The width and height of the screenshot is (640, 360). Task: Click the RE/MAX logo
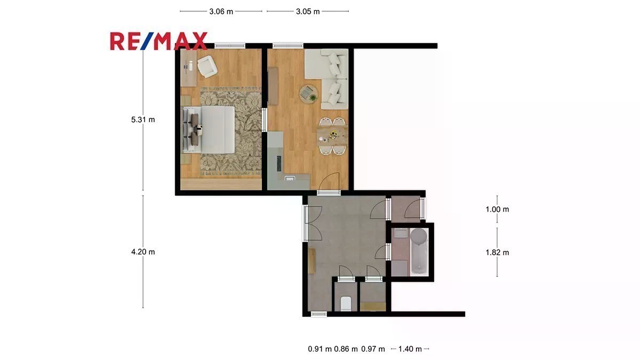tap(158, 41)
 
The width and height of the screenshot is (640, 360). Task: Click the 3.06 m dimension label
tap(221, 11)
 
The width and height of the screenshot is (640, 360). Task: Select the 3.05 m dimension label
tap(308, 11)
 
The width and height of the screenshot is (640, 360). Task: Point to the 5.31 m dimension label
tap(143, 119)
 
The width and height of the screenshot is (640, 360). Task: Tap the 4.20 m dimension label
tap(143, 252)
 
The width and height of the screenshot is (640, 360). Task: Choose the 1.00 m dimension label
tap(497, 209)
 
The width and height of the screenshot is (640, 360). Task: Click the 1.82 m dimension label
tap(497, 252)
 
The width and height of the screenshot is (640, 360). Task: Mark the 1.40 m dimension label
tap(410, 349)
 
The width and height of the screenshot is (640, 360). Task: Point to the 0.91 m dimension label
tap(319, 349)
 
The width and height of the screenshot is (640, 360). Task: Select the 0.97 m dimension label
tap(373, 349)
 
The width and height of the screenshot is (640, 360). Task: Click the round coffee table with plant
tap(309, 94)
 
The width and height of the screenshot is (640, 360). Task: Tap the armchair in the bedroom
tap(207, 66)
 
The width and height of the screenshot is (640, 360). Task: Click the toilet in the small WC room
tap(346, 303)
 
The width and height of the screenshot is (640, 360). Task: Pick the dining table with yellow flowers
tap(332, 136)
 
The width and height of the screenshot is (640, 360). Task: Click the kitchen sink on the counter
tap(290, 179)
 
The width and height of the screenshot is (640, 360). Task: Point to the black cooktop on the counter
tap(279, 163)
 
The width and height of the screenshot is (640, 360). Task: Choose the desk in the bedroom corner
tap(189, 68)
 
